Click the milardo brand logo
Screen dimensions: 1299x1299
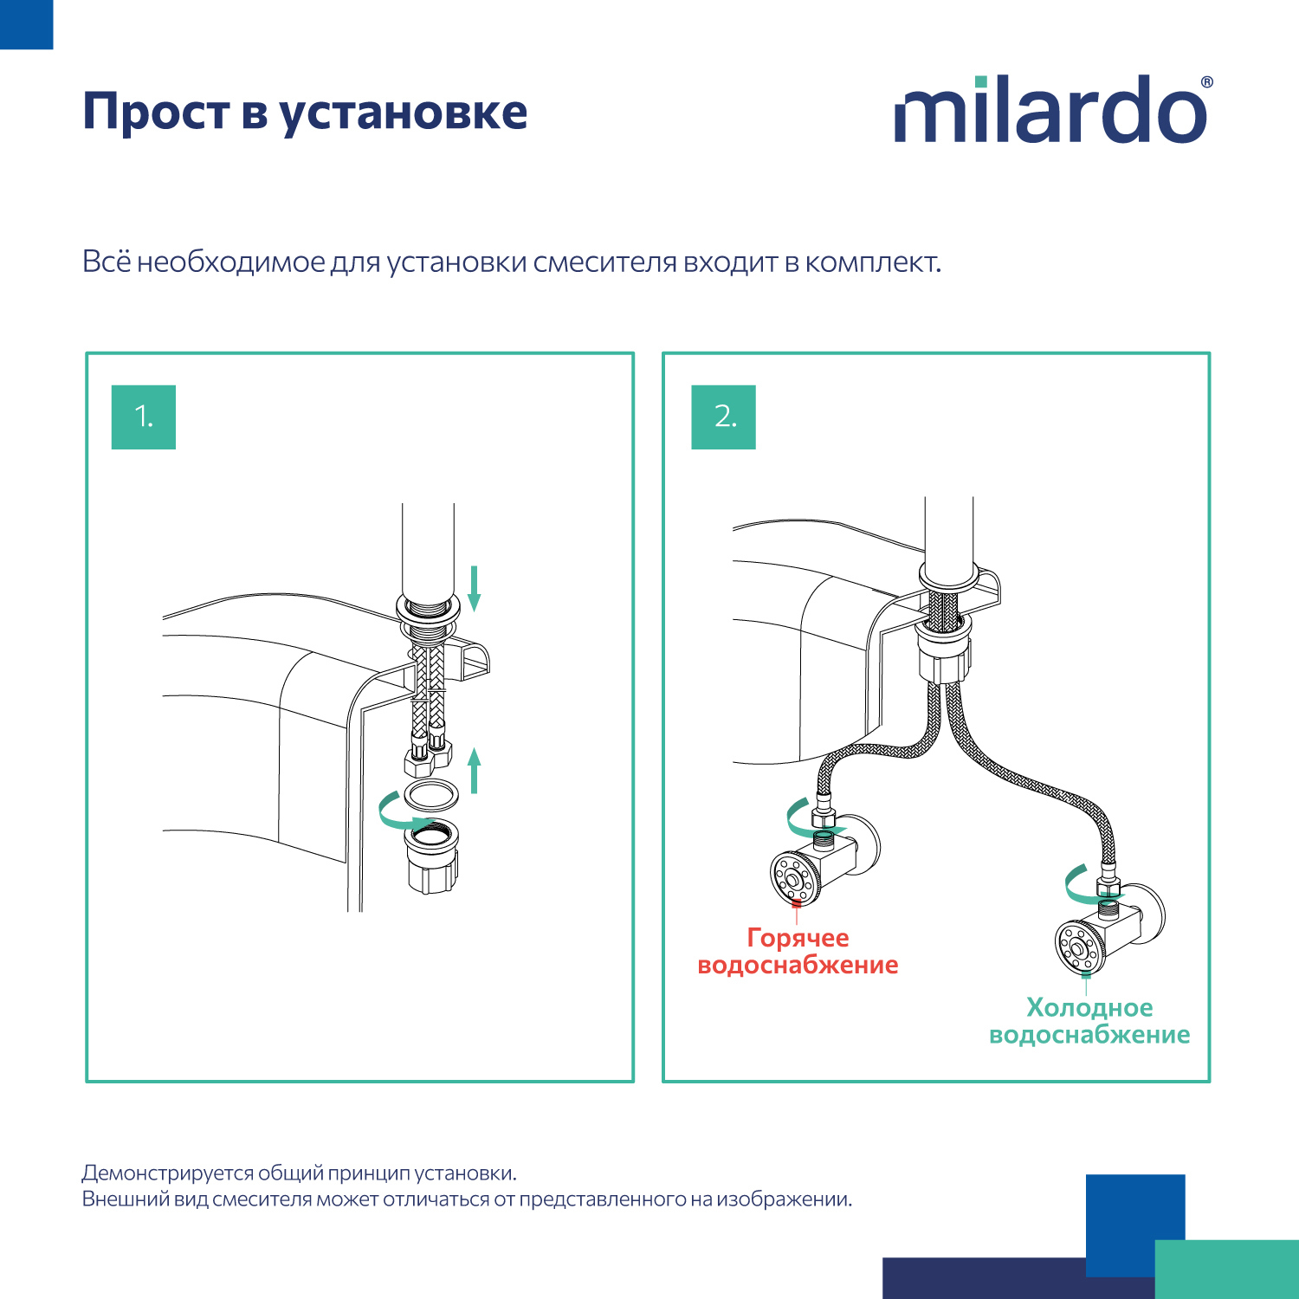point(1050,111)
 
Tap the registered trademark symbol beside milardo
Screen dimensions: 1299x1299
point(1206,83)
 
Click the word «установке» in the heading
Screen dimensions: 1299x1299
point(403,113)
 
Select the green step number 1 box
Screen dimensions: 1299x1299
point(144,417)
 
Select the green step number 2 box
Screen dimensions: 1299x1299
point(723,417)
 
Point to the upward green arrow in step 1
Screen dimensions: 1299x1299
point(474,771)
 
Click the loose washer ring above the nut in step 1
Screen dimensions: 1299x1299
point(431,793)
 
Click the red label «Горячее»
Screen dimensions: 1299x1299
point(798,938)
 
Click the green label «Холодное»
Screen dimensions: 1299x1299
point(1089,1008)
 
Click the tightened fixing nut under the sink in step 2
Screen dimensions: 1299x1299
point(945,654)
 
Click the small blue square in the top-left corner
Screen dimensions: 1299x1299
point(26,24)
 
